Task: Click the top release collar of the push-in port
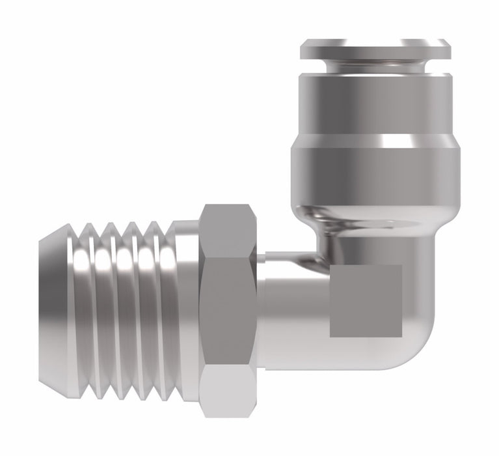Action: (x=375, y=50)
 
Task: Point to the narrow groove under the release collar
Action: (x=375, y=66)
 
